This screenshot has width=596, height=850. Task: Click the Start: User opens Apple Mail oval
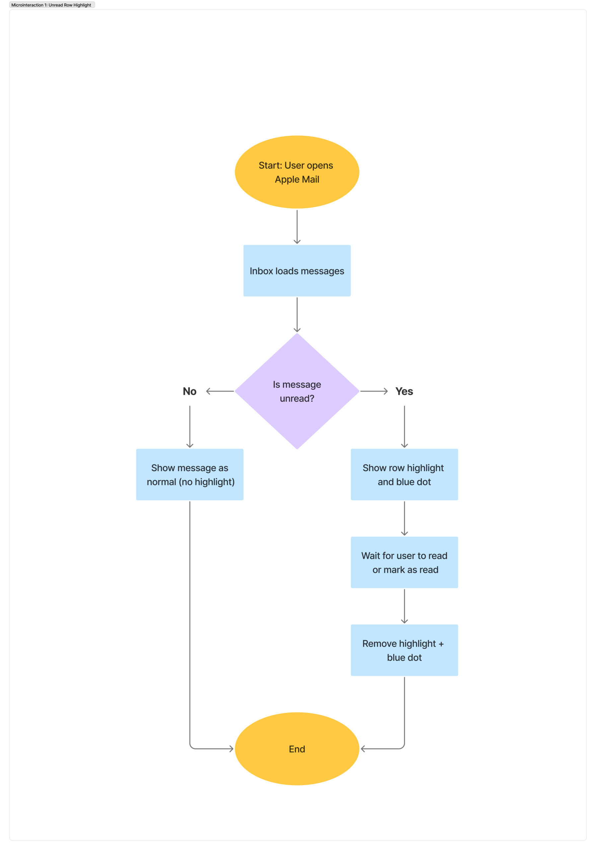297,172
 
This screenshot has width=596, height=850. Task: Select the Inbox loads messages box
297,271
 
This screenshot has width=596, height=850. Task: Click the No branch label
189,391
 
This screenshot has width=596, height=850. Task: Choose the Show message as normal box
190,474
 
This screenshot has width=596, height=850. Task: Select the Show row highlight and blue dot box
405,474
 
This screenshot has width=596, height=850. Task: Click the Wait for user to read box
405,562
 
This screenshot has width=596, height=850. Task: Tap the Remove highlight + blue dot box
405,650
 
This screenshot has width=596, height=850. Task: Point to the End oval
297,748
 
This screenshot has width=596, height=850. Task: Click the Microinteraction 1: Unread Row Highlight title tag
52,5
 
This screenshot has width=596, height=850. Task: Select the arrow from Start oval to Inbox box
297,226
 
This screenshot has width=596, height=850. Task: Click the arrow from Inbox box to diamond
297,315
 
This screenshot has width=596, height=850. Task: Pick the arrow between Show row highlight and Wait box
405,518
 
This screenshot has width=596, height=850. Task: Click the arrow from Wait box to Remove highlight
405,606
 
